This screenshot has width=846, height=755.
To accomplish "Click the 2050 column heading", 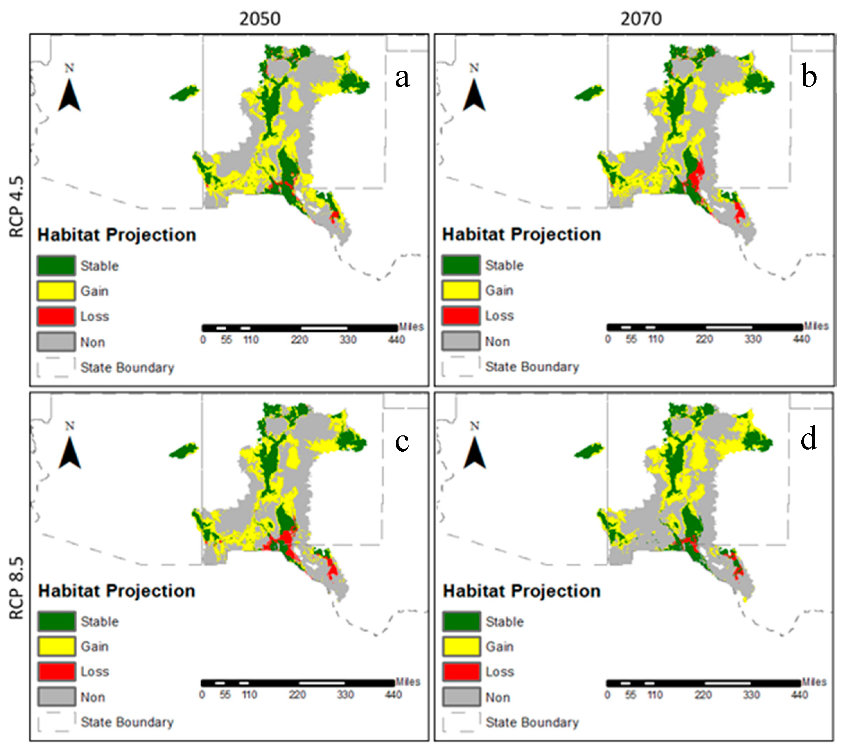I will [x=260, y=19].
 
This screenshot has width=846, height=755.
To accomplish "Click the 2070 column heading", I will [x=641, y=19].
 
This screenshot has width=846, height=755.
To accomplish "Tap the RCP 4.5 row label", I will [x=17, y=207].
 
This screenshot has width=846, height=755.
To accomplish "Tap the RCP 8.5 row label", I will [x=17, y=588].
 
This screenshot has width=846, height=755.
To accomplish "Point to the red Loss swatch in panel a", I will [x=56, y=316].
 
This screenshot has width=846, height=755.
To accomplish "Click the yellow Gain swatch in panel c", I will [x=56, y=646].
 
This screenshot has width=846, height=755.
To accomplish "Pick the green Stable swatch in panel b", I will [x=461, y=265].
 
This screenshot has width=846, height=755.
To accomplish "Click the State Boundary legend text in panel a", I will [x=127, y=367].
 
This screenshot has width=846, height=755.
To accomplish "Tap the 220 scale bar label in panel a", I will [x=299, y=340].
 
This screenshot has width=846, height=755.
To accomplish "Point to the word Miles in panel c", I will [x=408, y=682].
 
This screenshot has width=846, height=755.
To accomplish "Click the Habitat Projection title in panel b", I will [x=521, y=235].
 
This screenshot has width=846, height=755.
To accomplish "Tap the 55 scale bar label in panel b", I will [x=631, y=339].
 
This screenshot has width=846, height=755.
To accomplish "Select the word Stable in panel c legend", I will [x=99, y=622].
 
